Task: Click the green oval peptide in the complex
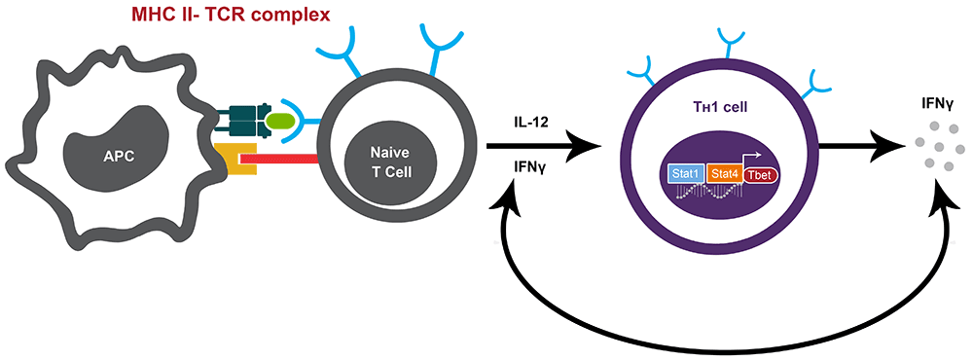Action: click(280, 121)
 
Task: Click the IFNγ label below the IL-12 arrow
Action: click(532, 167)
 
